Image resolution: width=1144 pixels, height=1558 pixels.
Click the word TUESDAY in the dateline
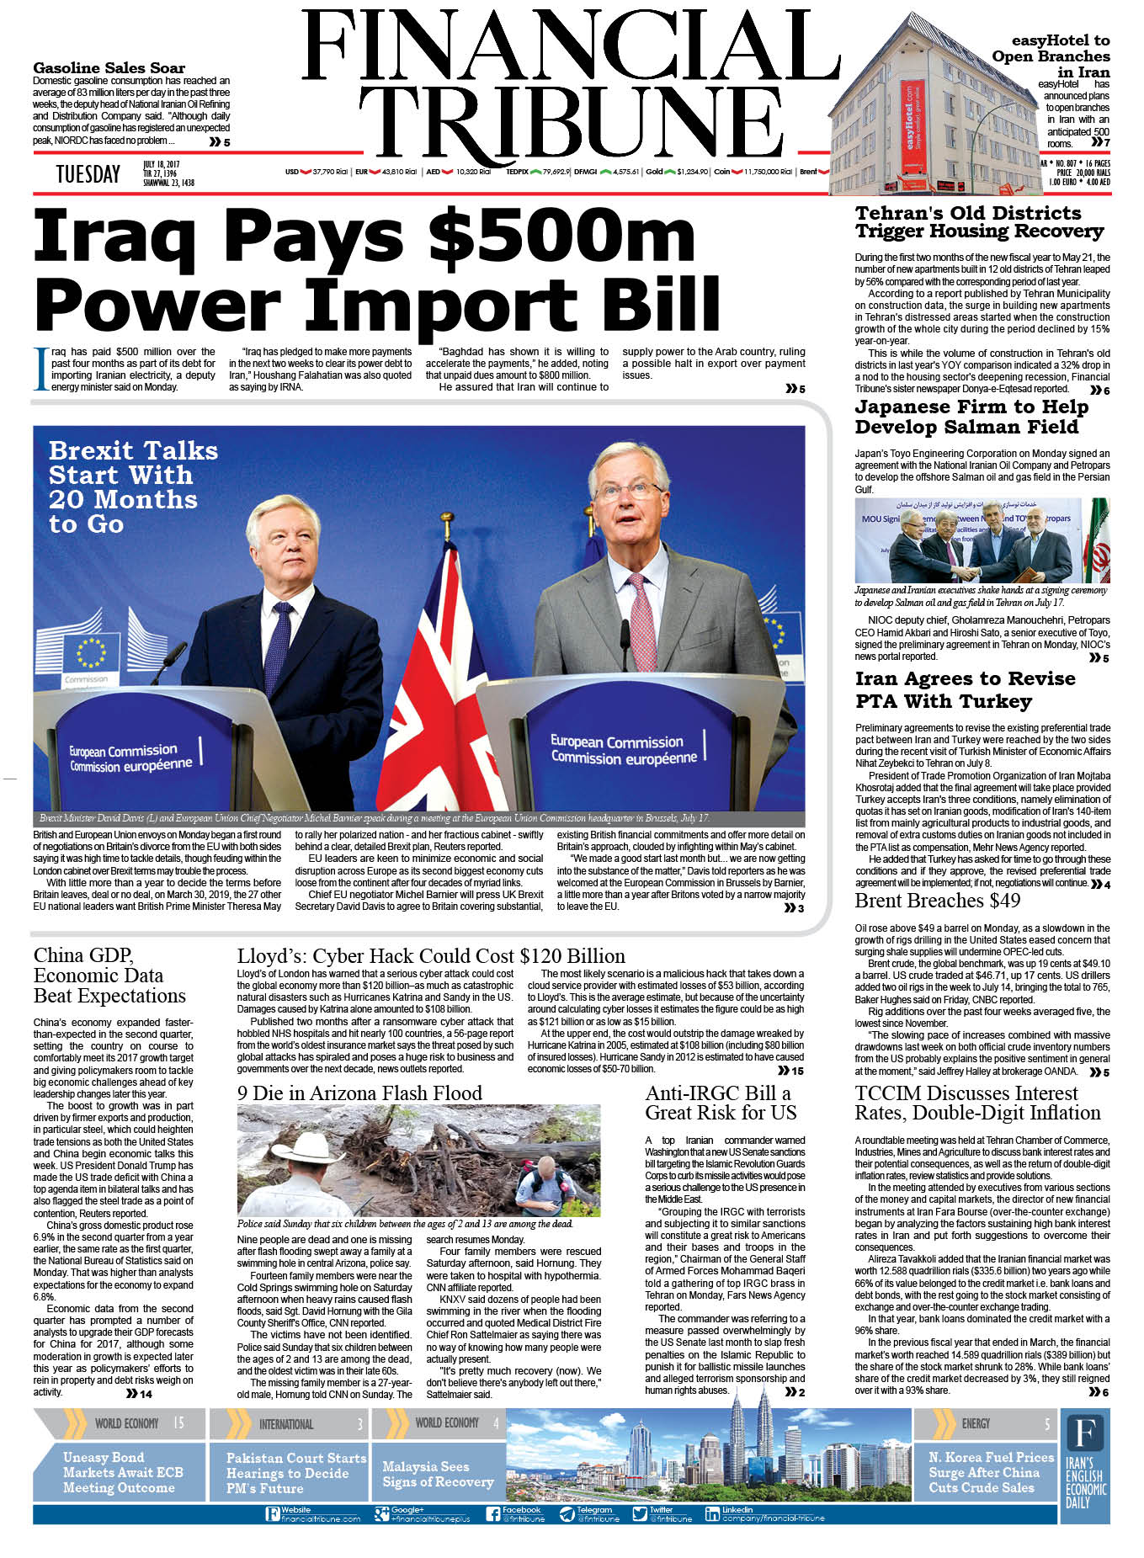click(88, 174)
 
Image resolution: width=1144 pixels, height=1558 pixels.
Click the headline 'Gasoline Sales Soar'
click(109, 68)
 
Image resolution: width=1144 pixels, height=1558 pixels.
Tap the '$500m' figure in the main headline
click(561, 236)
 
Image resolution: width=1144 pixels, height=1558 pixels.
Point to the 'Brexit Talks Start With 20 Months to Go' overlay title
click(132, 487)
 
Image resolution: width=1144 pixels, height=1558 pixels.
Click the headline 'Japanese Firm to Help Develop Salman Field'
click(971, 417)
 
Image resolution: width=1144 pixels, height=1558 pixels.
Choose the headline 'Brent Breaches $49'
click(937, 901)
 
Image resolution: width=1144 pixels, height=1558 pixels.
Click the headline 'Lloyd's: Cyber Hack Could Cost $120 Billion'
click(431, 955)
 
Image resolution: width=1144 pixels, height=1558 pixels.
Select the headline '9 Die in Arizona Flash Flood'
click(359, 1093)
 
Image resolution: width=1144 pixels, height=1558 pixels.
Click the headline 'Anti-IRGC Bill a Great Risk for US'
click(721, 1103)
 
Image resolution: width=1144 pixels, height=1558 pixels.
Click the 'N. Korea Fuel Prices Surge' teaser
click(991, 1472)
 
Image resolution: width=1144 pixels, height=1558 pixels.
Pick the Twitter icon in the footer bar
click(641, 1513)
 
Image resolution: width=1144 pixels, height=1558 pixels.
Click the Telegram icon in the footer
click(567, 1513)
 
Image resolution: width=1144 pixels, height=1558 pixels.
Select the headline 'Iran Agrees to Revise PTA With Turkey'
click(965, 689)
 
